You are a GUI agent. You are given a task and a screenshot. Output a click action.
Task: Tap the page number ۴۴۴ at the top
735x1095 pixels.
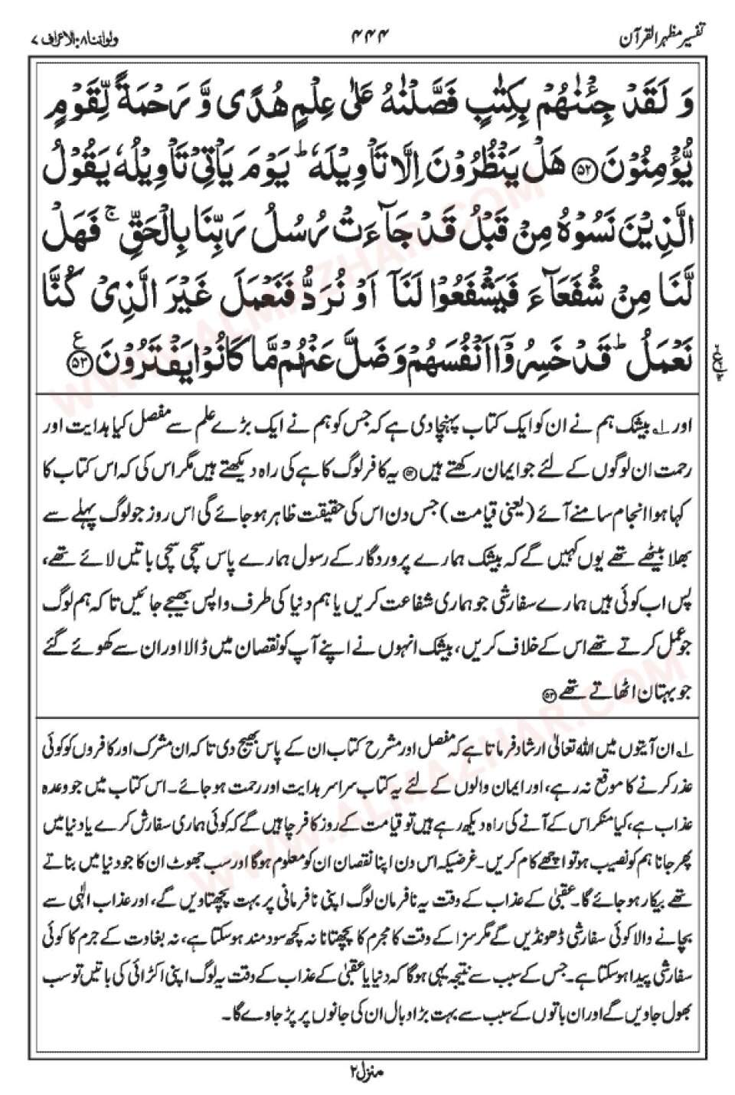(x=369, y=35)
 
